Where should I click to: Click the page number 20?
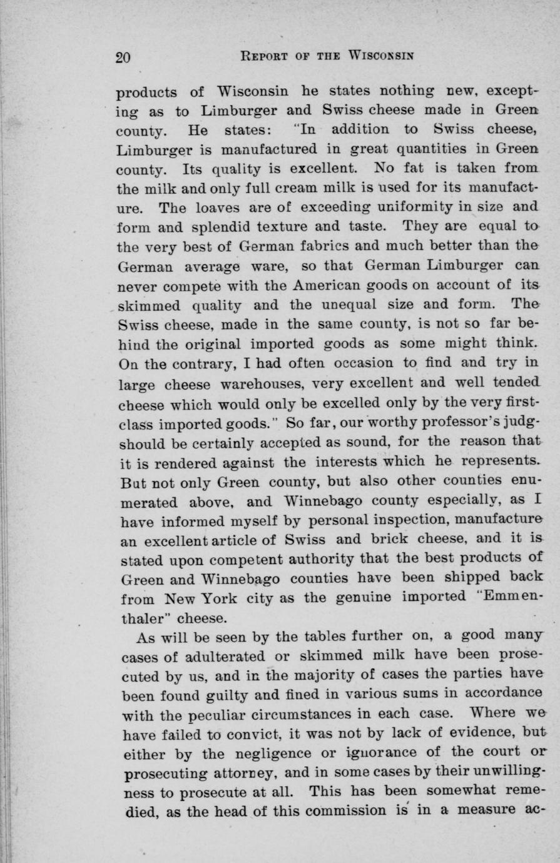123,58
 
